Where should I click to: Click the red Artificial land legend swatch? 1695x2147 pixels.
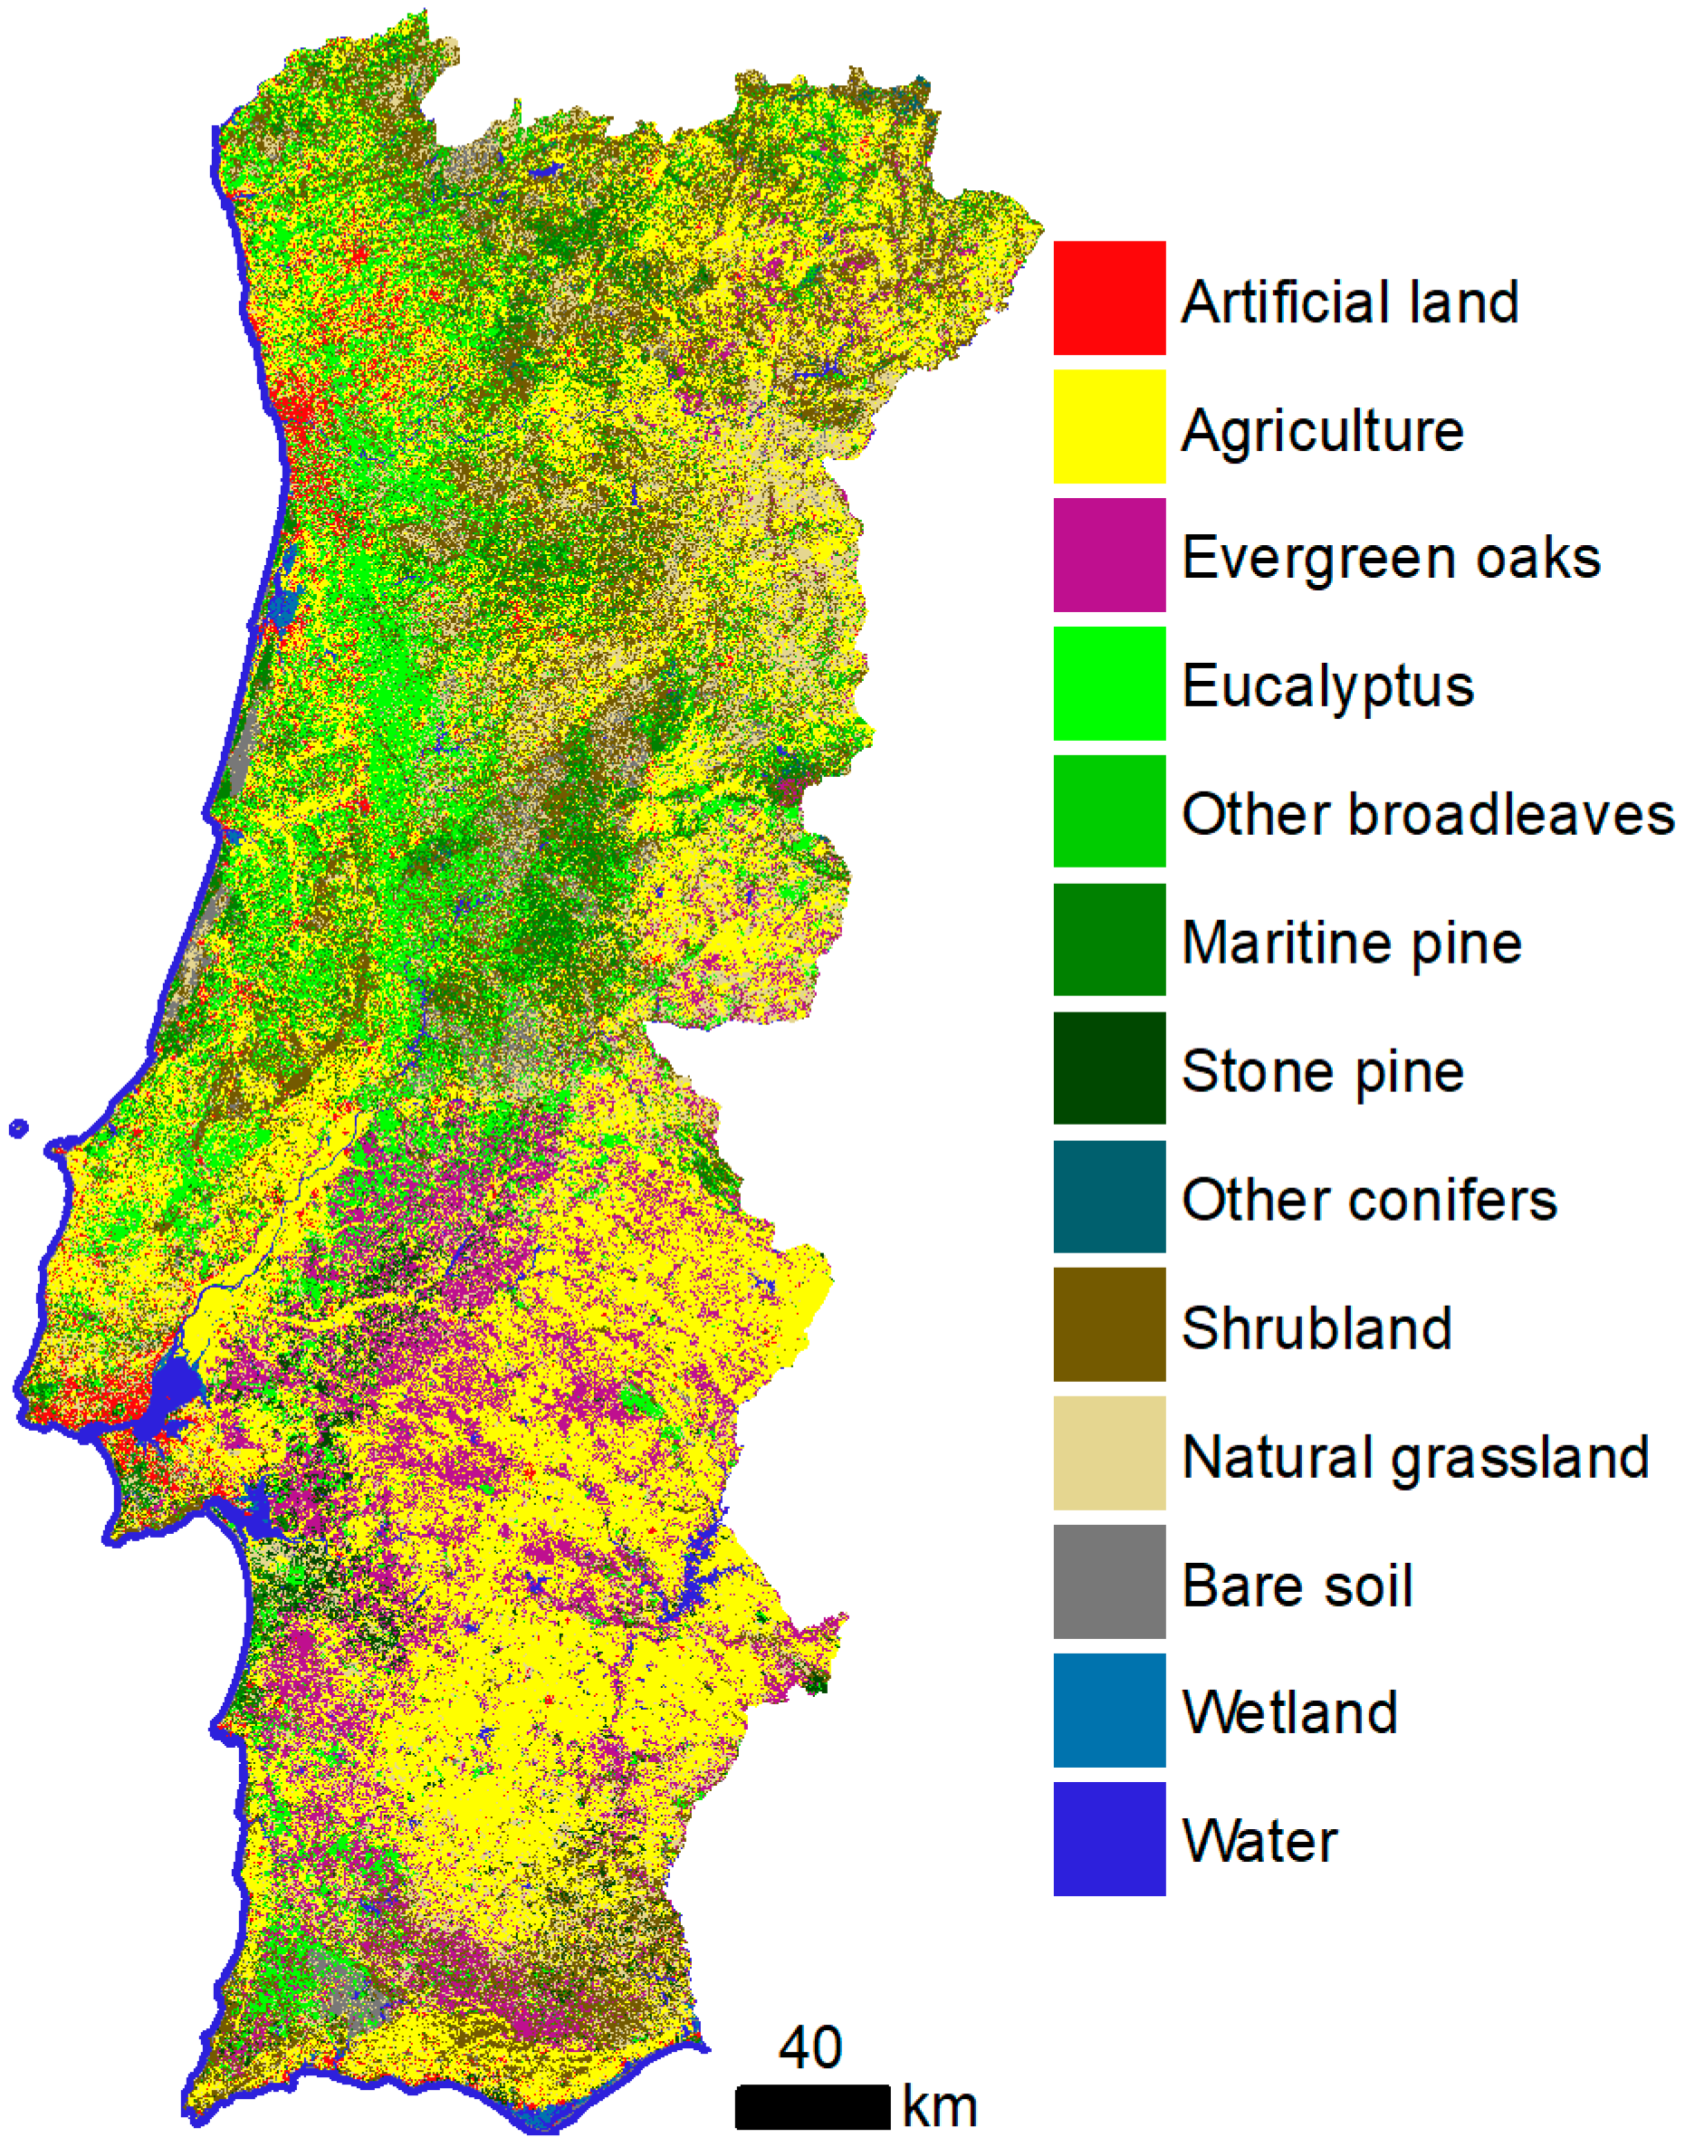tap(1108, 297)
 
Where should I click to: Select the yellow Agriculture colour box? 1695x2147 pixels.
tap(1108, 426)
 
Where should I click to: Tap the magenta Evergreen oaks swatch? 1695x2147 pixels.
tap(1108, 554)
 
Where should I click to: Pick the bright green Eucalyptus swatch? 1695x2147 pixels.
tap(1108, 683)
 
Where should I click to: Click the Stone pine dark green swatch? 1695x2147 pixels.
tap(1108, 1067)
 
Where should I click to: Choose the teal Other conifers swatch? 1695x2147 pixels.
tap(1108, 1195)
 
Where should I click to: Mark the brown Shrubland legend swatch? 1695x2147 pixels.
tap(1108, 1323)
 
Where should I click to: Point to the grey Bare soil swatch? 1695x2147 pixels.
tap(1108, 1580)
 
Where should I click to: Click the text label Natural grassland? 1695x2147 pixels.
tap(1414, 1457)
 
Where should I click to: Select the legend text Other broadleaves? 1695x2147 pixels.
tap(1426, 814)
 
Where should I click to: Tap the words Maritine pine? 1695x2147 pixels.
tap(1351, 942)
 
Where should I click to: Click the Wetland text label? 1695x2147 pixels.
tap(1289, 1712)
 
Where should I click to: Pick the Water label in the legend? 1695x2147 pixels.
tap(1259, 1840)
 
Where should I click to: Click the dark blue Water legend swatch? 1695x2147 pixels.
tap(1108, 1837)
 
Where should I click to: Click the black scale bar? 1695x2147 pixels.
tap(812, 2105)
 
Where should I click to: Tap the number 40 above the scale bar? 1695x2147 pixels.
tap(809, 2046)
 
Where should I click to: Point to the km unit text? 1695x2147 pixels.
tap(939, 2106)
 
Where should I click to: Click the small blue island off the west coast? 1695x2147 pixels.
tap(18, 1127)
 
